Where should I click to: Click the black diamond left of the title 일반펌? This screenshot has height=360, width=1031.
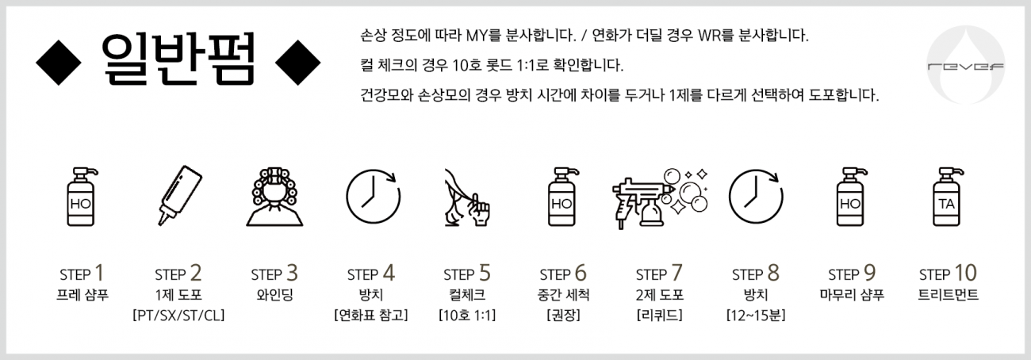pos(59,63)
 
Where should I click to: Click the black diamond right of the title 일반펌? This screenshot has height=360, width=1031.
pos(297,63)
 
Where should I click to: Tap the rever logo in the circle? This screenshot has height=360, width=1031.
pos(966,65)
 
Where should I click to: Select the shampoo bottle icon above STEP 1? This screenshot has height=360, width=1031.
pos(82,197)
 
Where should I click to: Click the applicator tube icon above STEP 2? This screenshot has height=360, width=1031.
pos(179,195)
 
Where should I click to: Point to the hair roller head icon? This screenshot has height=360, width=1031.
pos(274,197)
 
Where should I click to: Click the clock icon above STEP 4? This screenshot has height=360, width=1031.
pos(374,196)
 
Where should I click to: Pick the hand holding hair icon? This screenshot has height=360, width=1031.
pos(467,197)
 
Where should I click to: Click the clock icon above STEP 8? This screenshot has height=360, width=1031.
pos(756,196)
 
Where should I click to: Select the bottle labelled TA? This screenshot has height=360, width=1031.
pos(948,197)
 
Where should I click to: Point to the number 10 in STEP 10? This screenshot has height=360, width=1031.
pos(966,273)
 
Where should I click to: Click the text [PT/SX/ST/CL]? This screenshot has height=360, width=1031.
pos(178,316)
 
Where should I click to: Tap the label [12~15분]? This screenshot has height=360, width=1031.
pos(756,316)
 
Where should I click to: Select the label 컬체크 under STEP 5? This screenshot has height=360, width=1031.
pos(467,295)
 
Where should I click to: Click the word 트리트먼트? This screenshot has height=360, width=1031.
pos(949,295)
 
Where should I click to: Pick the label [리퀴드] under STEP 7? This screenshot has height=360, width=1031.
pos(660,316)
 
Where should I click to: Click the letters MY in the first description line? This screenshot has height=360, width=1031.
pos(477,36)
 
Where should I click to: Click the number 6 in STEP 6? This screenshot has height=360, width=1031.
pos(581,273)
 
